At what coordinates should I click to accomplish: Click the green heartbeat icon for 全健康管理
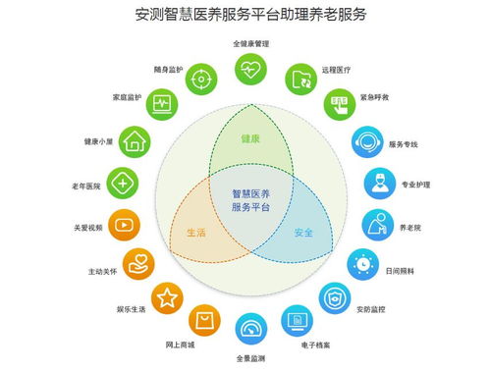point(250,69)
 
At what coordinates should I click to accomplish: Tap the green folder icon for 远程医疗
point(300,78)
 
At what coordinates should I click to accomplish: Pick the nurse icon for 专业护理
point(379,184)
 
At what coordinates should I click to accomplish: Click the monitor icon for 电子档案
point(298,319)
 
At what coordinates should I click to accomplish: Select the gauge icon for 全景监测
point(251,328)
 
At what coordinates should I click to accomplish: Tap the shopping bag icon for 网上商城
point(204,319)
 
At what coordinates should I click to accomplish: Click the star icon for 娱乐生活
point(167,297)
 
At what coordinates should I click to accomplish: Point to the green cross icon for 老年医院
point(122,184)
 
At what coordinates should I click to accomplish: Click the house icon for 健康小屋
point(136,141)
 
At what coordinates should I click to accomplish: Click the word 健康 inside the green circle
point(250,138)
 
